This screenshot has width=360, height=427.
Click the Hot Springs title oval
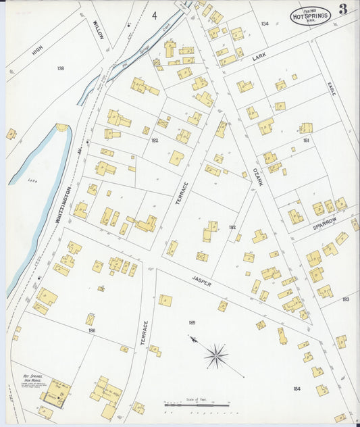click(310, 15)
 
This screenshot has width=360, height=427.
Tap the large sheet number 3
click(343, 9)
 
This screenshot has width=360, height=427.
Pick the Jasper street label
click(201, 281)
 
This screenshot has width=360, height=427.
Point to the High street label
click(38, 51)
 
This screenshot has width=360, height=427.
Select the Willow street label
click(98, 30)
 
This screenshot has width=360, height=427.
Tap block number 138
click(61, 68)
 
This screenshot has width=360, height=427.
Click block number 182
click(155, 140)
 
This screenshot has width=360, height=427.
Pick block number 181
click(306, 141)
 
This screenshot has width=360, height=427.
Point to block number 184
click(297, 388)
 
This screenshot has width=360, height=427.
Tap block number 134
click(265, 24)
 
